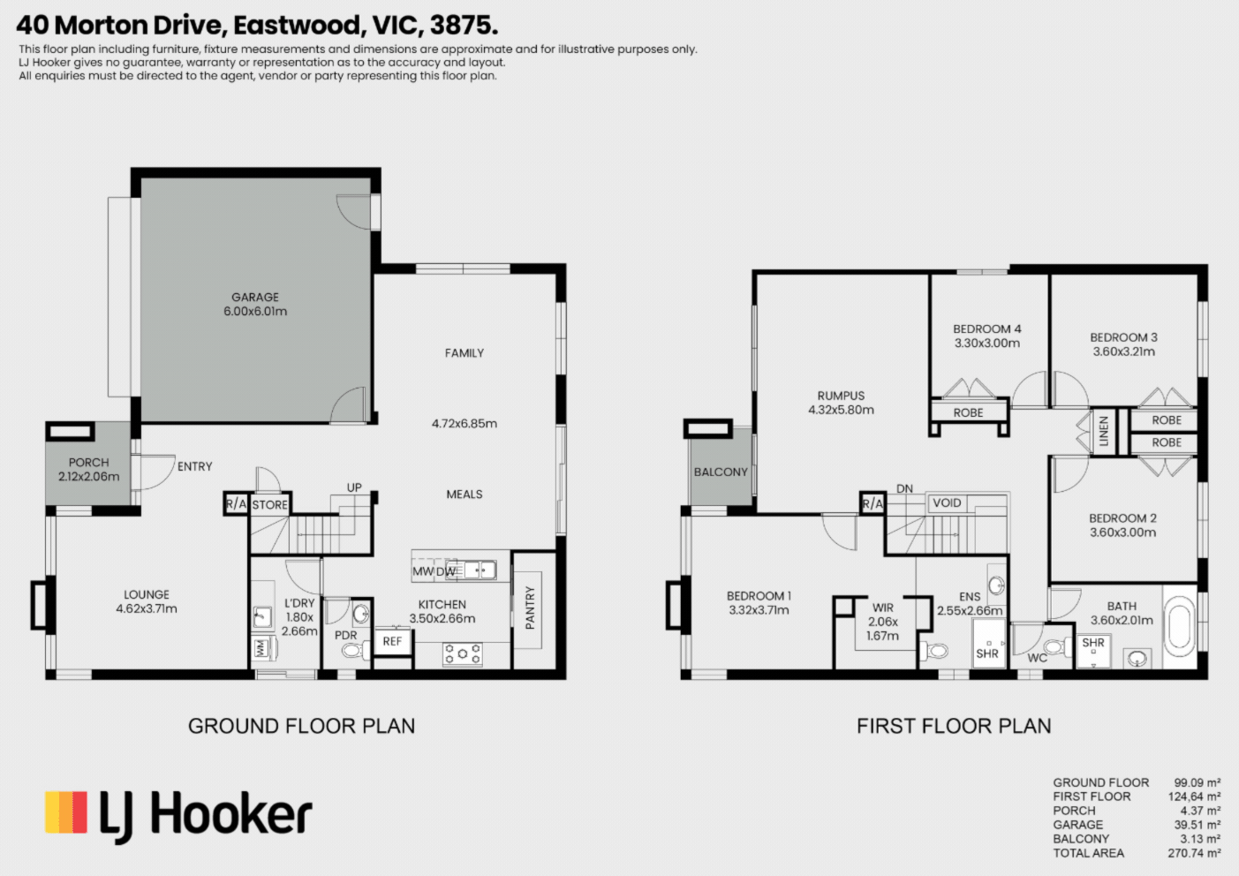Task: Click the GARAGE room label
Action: [x=255, y=297]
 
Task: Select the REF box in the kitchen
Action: [x=392, y=641]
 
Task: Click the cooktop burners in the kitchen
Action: [x=463, y=654]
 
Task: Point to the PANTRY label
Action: [x=530, y=608]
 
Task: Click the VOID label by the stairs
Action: [x=947, y=502]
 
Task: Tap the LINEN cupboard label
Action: [x=1104, y=431]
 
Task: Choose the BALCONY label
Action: [x=721, y=472]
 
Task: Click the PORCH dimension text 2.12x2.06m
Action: [x=88, y=476]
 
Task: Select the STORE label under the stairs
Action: [x=270, y=504]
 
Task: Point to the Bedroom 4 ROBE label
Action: [x=968, y=412]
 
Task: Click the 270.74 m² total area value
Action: [x=1194, y=853]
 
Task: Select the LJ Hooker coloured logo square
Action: [x=66, y=812]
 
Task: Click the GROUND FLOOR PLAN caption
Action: [x=301, y=726]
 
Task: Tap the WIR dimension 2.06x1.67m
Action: [x=883, y=629]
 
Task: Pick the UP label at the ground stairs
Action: [x=354, y=487]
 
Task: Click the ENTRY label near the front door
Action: [x=194, y=466]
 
